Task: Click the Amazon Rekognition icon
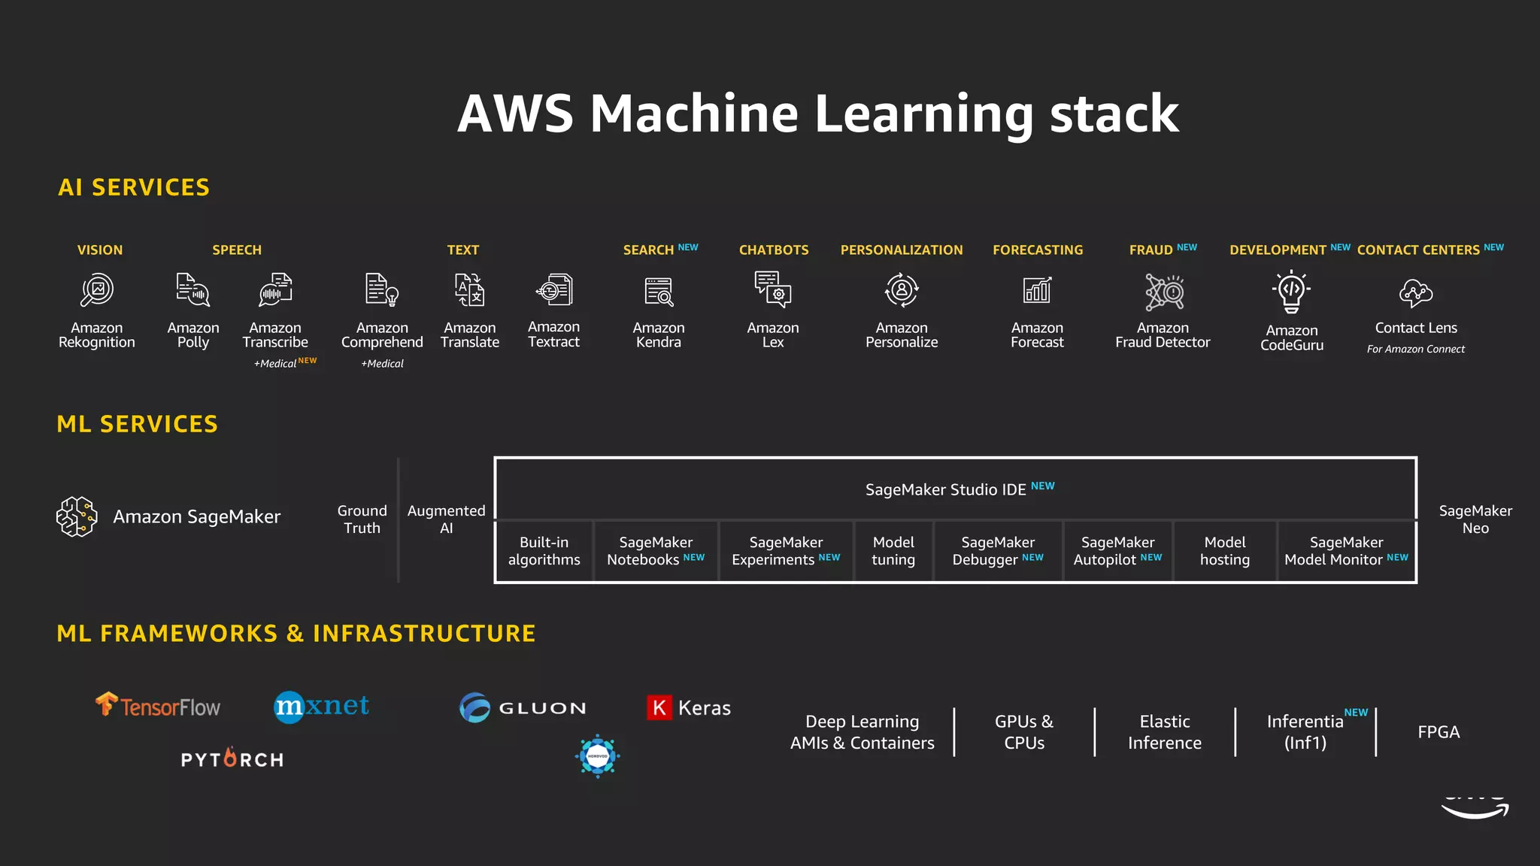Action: pyautogui.click(x=97, y=290)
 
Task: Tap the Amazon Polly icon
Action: pyautogui.click(x=192, y=290)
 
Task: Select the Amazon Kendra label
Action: pyautogui.click(x=658, y=335)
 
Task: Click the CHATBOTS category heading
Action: pyautogui.click(x=773, y=250)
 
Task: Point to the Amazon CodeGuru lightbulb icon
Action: pyautogui.click(x=1291, y=292)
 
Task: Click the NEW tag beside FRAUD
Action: pyautogui.click(x=1187, y=247)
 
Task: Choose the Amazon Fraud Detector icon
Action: pyautogui.click(x=1163, y=292)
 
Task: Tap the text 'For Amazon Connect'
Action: pyautogui.click(x=1415, y=350)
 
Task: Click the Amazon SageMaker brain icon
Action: pyautogui.click(x=77, y=516)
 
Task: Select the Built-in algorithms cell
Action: pyautogui.click(x=544, y=551)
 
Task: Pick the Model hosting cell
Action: pyautogui.click(x=1224, y=551)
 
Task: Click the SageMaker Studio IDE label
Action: pyautogui.click(x=945, y=490)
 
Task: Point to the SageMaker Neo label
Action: pyautogui.click(x=1475, y=519)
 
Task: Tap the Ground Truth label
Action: pyautogui.click(x=362, y=519)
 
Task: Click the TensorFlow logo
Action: pyautogui.click(x=158, y=706)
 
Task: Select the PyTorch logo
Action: pyautogui.click(x=232, y=759)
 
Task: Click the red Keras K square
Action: pyautogui.click(x=659, y=707)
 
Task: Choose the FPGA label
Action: pyautogui.click(x=1438, y=732)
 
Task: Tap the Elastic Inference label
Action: pyautogui.click(x=1164, y=732)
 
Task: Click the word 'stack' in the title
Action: pyautogui.click(x=1114, y=114)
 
